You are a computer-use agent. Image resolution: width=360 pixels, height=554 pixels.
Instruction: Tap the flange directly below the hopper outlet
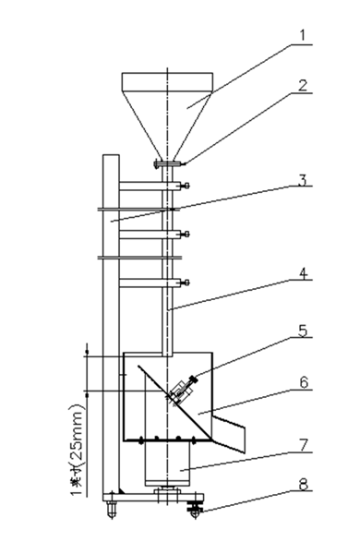tap(167, 165)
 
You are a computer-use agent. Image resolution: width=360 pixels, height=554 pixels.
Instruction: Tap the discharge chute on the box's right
tap(234, 431)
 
